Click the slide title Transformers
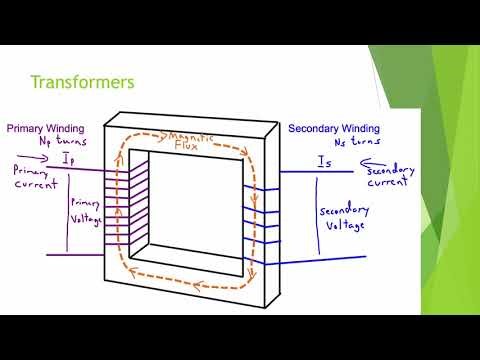(85, 82)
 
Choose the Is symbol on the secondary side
(323, 160)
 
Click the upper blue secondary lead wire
(310, 171)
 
